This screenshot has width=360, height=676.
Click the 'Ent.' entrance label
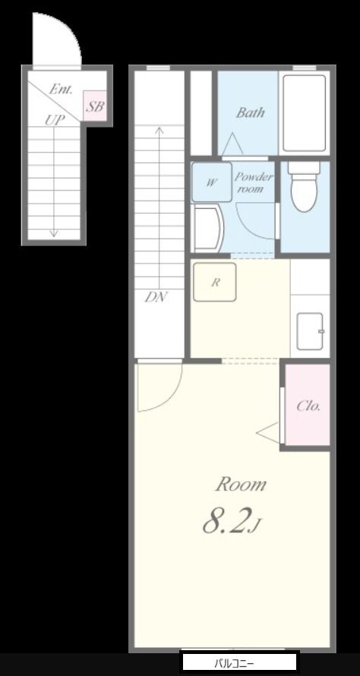click(62, 90)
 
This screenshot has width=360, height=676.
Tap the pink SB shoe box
click(94, 106)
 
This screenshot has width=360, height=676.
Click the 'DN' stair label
click(156, 297)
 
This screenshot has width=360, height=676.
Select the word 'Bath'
click(250, 113)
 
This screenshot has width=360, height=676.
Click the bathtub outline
click(305, 112)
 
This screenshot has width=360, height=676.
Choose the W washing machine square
click(211, 182)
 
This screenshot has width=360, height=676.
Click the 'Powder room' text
click(254, 182)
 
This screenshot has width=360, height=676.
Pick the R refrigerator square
click(215, 282)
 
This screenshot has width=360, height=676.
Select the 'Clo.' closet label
click(308, 406)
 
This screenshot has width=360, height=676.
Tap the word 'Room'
click(241, 485)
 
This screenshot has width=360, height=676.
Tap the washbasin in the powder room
click(209, 228)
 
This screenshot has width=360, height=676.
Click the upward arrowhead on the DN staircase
click(159, 130)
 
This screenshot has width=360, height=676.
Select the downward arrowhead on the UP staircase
click(53, 233)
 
